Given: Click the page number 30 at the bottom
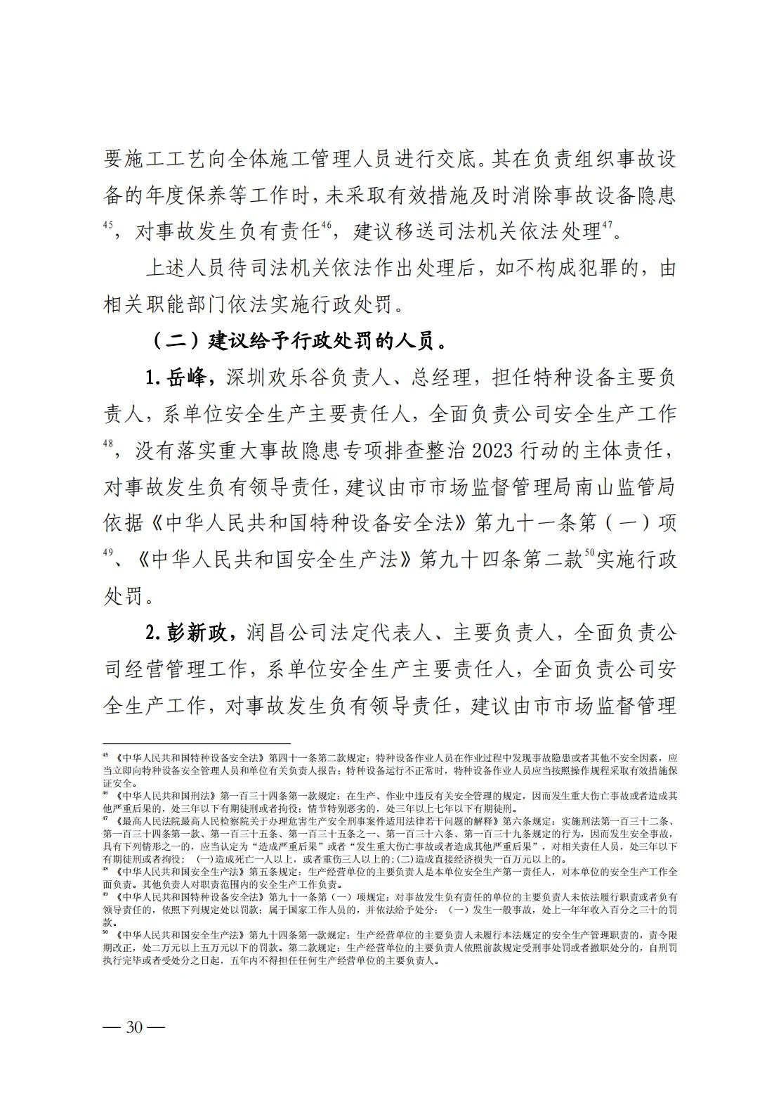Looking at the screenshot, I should point(134,1027).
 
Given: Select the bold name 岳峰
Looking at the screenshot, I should point(186,378).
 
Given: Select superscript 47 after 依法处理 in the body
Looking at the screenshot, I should point(608,226).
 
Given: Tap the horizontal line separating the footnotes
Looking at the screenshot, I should point(197,743).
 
